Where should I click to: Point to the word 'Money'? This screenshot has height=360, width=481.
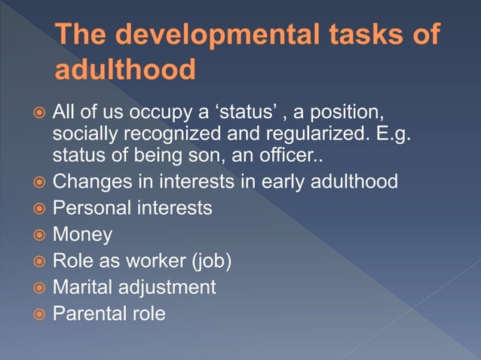coord(82,234)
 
